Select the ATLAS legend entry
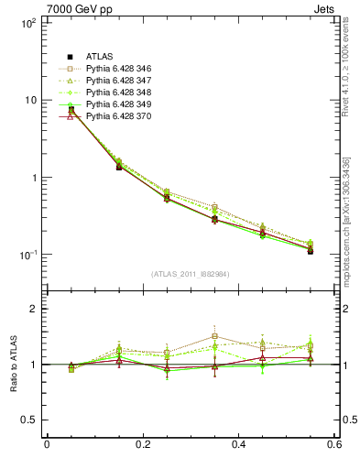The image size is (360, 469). click(101, 58)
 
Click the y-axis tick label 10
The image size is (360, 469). click(29, 100)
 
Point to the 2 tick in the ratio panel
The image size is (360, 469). click(35, 309)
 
